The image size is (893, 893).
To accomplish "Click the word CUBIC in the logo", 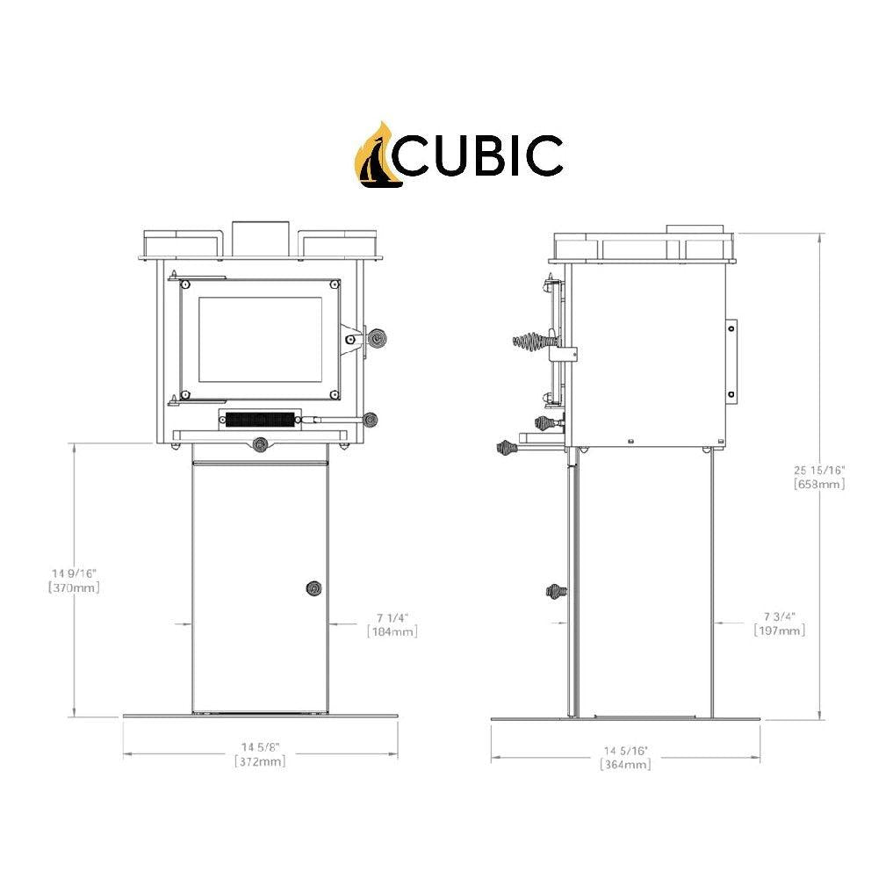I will click(x=482, y=156).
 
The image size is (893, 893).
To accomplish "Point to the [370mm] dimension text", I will click(x=75, y=588).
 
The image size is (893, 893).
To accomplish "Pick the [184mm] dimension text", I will click(x=392, y=631).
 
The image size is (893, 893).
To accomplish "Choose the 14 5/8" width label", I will click(x=260, y=747).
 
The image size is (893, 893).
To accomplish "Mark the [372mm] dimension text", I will click(x=260, y=762).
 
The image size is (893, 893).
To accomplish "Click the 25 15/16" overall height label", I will click(x=819, y=469).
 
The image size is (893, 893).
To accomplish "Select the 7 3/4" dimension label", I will click(x=779, y=616).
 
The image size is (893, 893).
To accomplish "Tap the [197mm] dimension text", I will click(x=779, y=631).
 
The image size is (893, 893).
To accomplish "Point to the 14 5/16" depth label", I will click(x=625, y=751).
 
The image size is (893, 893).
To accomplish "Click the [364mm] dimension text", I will click(x=625, y=766).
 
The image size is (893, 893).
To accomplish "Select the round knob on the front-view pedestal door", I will click(x=313, y=589).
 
